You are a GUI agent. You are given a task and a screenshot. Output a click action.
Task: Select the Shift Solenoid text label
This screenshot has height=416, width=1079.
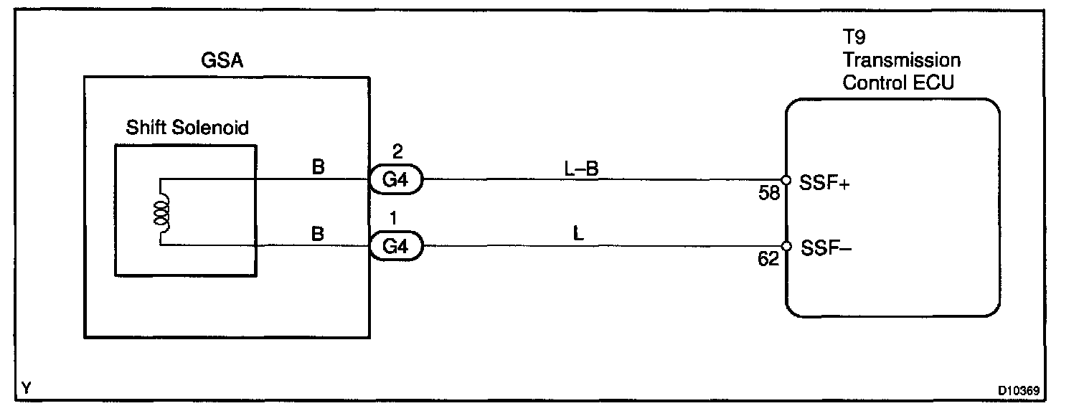pyautogui.click(x=187, y=128)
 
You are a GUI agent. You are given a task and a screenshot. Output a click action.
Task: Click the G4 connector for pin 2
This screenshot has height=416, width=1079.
pyautogui.click(x=396, y=179)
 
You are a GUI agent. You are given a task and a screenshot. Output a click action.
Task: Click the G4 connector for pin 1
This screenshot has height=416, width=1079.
pyautogui.click(x=396, y=247)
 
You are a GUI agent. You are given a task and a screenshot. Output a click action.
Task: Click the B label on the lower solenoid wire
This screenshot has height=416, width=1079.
pyautogui.click(x=319, y=235)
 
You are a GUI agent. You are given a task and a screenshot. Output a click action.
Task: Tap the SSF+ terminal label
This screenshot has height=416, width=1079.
pyautogui.click(x=825, y=184)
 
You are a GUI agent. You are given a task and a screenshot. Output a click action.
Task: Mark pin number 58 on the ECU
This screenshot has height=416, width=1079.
pyautogui.click(x=769, y=193)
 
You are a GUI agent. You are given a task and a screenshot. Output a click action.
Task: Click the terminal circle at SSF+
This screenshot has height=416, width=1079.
pyautogui.click(x=786, y=180)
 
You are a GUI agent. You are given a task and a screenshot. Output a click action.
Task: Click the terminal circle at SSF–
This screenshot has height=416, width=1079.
pyautogui.click(x=786, y=247)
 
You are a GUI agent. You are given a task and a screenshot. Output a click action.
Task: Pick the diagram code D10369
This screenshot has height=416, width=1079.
pyautogui.click(x=1019, y=392)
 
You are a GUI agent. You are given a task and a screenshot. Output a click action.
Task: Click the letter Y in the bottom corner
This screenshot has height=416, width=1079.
pyautogui.click(x=27, y=389)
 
